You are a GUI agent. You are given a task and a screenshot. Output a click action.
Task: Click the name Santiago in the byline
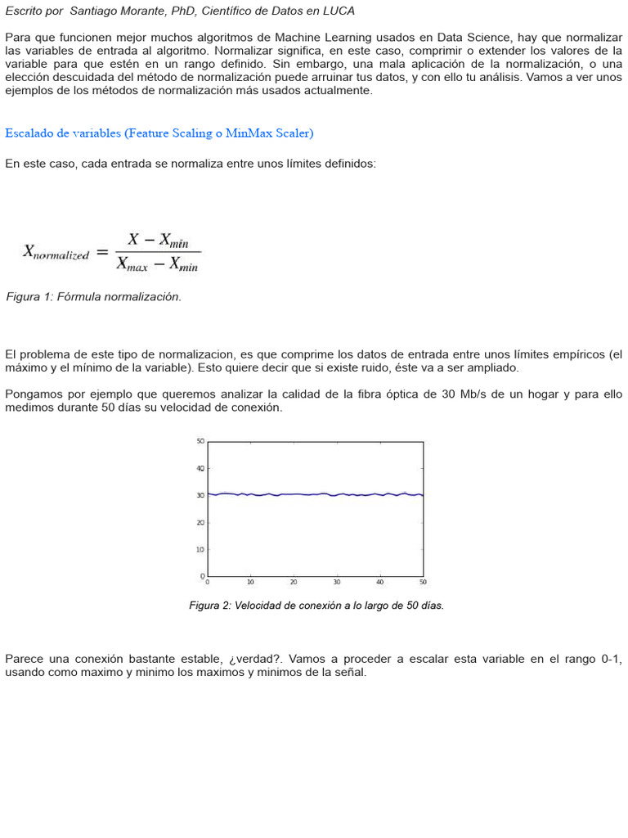click(94, 11)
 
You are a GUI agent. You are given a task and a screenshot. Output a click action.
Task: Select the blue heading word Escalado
click(30, 133)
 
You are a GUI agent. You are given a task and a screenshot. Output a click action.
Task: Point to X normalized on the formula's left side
click(55, 253)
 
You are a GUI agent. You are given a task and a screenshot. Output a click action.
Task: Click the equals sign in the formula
click(102, 253)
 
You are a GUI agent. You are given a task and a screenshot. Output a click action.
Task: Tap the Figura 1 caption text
click(93, 297)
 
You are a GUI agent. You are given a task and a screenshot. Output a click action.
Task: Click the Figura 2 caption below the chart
click(316, 606)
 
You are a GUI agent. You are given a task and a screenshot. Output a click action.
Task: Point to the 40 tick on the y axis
click(200, 468)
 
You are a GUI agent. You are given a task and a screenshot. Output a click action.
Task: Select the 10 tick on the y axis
click(200, 549)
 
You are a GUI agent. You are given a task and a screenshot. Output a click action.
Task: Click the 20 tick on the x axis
click(294, 583)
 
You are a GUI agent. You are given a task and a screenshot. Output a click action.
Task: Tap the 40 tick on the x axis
click(379, 583)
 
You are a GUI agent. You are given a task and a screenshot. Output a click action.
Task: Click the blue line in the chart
click(315, 494)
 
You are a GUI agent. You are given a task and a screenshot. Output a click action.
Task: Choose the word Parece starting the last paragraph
click(25, 659)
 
